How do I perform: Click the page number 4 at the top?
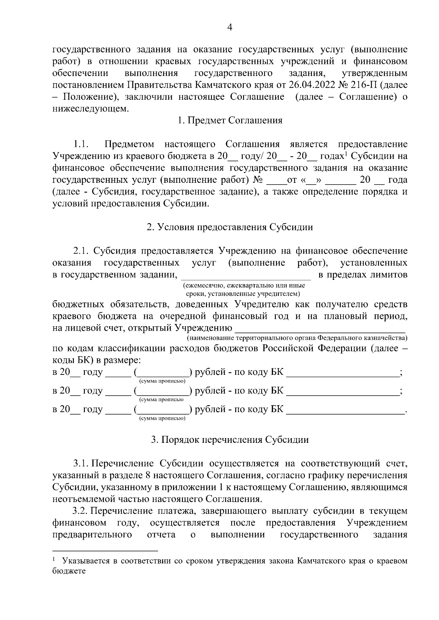click(230, 27)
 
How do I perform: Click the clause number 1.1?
click(81, 144)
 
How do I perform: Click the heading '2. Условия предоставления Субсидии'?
click(230, 227)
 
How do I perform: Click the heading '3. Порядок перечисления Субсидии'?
click(230, 440)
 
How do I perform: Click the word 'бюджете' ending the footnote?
click(69, 571)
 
